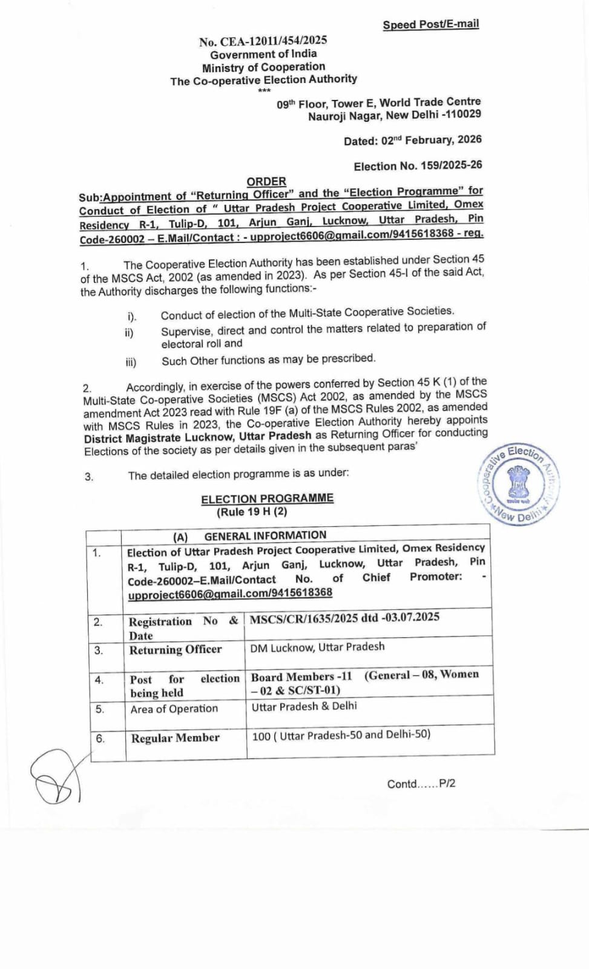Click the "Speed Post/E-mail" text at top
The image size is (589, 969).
pos(430,24)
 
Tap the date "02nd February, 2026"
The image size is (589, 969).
pos(431,140)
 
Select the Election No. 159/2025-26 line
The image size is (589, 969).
pos(418,165)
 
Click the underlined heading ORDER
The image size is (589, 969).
pos(266,181)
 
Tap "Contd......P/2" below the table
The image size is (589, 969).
pos(421,784)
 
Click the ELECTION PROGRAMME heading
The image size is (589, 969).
pos(267,498)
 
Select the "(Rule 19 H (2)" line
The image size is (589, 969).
pos(252,512)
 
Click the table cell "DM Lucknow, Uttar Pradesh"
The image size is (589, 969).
pos(317,647)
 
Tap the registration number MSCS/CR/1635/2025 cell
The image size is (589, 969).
pos(344,618)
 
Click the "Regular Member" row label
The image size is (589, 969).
pos(175,738)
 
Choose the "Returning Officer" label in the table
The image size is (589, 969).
pos(176,650)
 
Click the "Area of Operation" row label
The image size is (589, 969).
pos(174,709)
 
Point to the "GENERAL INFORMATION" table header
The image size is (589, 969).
pos(265,535)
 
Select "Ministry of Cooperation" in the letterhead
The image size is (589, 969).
pos(263,67)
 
